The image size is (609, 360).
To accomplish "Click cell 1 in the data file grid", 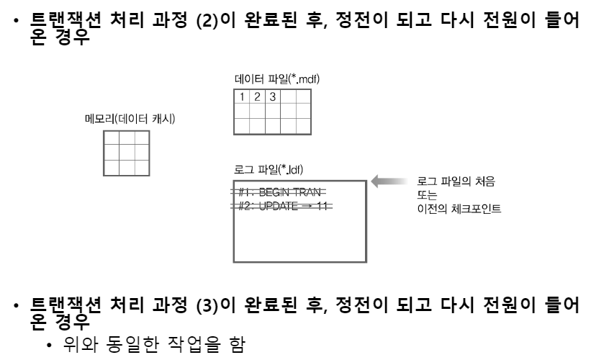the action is (x=243, y=97).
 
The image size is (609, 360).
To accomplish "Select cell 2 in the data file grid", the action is (x=258, y=97).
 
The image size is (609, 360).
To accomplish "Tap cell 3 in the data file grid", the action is (x=272, y=97).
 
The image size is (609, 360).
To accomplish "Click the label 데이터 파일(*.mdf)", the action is (x=277, y=78).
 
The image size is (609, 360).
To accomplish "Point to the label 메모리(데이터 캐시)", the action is (x=130, y=119).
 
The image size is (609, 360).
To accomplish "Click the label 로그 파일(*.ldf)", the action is (x=269, y=170).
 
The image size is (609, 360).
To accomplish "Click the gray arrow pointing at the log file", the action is (x=388, y=182).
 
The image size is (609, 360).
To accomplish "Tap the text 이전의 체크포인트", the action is (x=459, y=210).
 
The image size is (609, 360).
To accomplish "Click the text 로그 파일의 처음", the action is (x=456, y=182).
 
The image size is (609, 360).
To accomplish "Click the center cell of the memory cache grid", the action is (x=126, y=153).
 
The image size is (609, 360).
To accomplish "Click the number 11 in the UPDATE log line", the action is (x=322, y=206).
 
